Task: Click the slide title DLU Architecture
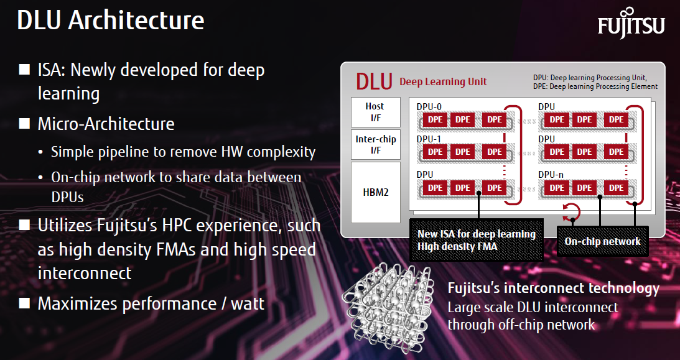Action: click(111, 20)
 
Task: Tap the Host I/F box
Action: click(375, 112)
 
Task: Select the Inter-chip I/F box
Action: click(375, 145)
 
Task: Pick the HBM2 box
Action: click(375, 192)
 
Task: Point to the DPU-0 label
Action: click(429, 107)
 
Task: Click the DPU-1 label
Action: click(429, 139)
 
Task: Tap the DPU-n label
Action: click(551, 174)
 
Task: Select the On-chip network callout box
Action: click(602, 241)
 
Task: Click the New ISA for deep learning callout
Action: click(476, 240)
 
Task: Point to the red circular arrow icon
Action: click(571, 212)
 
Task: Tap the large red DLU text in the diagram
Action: click(374, 81)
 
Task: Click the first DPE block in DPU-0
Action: click(435, 119)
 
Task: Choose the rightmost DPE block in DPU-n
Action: click(617, 188)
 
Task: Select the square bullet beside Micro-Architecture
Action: click(24, 124)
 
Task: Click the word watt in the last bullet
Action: click(247, 303)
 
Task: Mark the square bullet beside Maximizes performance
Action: click(24, 303)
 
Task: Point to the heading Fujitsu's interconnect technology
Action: click(553, 288)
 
